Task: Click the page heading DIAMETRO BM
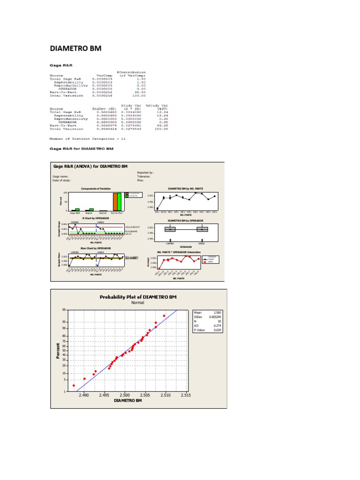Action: [75, 49]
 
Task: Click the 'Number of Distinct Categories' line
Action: [88, 139]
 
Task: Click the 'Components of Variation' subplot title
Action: [96, 188]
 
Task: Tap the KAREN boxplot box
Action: [202, 229]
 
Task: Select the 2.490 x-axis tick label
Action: [83, 396]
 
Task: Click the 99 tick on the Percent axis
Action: [64, 310]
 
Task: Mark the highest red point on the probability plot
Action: [164, 316]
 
